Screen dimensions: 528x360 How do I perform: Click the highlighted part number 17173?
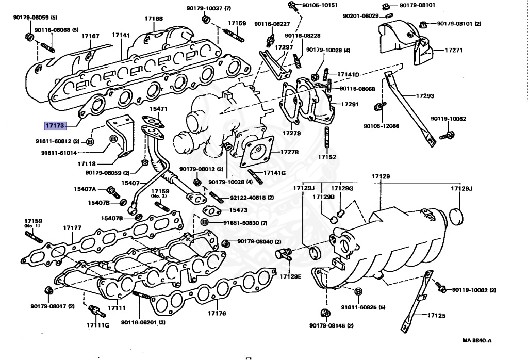click(x=55, y=126)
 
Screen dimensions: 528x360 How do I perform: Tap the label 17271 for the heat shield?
click(x=454, y=50)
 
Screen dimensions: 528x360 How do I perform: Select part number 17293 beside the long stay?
click(x=425, y=95)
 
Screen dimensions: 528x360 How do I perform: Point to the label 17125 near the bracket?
click(x=436, y=316)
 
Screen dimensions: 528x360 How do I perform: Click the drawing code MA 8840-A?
click(x=476, y=340)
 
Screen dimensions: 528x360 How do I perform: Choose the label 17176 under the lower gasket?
click(x=217, y=313)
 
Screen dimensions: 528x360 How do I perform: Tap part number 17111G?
click(x=98, y=325)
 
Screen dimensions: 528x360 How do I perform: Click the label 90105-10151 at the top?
click(x=320, y=5)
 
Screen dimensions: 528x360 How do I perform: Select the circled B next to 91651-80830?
click(x=204, y=222)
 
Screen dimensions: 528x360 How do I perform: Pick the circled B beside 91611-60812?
click(x=90, y=142)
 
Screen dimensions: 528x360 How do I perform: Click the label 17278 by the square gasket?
click(x=289, y=152)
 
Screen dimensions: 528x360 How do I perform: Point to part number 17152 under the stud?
click(x=327, y=157)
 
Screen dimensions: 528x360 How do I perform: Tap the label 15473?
click(x=238, y=210)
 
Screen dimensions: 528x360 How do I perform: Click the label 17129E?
click(x=290, y=276)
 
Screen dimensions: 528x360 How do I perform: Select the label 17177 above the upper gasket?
click(x=72, y=228)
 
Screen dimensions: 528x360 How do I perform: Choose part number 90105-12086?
click(x=381, y=126)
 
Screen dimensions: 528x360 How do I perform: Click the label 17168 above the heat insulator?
click(x=154, y=18)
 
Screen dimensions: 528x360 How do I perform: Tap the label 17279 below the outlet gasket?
click(x=292, y=133)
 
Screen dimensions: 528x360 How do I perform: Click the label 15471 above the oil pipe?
click(x=158, y=109)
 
